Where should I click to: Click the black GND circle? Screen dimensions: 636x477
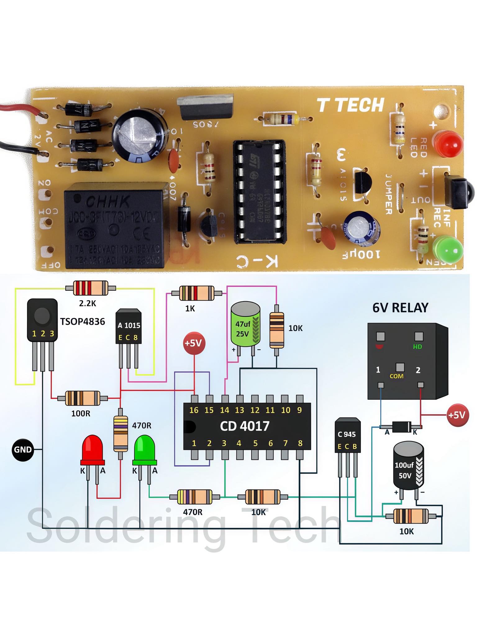pyautogui.click(x=23, y=449)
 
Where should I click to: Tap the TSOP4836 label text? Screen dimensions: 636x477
pyautogui.click(x=82, y=321)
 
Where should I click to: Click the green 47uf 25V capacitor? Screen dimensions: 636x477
pyautogui.click(x=245, y=325)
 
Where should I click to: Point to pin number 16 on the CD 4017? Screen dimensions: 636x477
pyautogui.click(x=194, y=410)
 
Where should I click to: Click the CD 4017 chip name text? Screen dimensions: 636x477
pyautogui.click(x=245, y=426)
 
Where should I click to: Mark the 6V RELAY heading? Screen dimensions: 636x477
pyautogui.click(x=400, y=308)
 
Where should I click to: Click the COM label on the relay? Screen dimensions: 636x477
pyautogui.click(x=397, y=376)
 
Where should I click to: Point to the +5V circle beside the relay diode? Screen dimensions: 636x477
pyautogui.click(x=457, y=415)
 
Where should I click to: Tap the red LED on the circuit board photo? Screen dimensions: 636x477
pyautogui.click(x=447, y=144)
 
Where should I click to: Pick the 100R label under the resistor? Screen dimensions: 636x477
pyautogui.click(x=81, y=413)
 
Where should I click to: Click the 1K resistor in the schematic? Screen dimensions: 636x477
pyautogui.click(x=197, y=293)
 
